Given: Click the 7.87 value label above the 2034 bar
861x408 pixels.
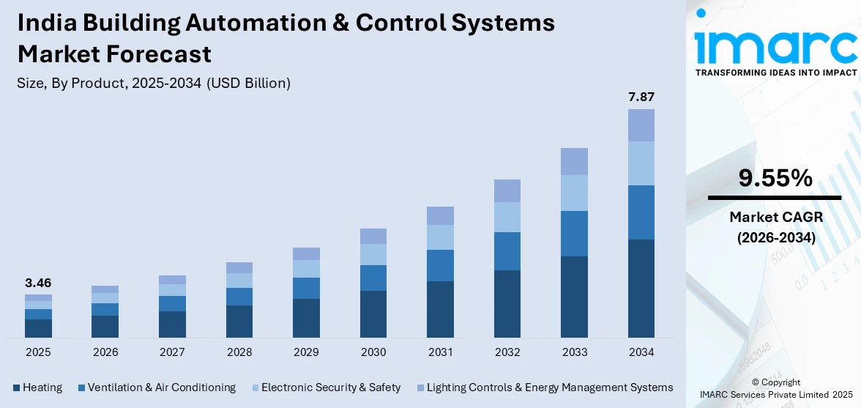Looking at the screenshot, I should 641,97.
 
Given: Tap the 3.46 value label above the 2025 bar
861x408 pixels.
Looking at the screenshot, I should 38,283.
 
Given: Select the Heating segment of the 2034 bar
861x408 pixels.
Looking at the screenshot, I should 641,288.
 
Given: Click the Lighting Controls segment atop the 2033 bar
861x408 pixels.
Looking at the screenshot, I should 574,161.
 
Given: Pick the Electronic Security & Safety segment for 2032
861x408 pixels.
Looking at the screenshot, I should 507,217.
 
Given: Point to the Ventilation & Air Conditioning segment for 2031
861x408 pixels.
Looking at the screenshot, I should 440,265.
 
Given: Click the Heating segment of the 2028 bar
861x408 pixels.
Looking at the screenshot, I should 239,321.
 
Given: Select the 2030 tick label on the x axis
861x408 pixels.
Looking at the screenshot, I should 373,352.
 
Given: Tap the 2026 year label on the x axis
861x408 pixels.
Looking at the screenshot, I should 105,352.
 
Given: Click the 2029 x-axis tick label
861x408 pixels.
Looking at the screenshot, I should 306,352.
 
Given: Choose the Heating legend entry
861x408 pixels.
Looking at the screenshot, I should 37,387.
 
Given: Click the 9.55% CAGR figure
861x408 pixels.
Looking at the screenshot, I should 774,178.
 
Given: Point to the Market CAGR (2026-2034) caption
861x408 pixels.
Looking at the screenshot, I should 774,227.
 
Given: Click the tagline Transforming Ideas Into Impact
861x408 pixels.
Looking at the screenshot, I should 775,73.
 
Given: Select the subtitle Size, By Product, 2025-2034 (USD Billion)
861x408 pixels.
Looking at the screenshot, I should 154,84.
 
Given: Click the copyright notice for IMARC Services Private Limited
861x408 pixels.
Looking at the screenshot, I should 775,388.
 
